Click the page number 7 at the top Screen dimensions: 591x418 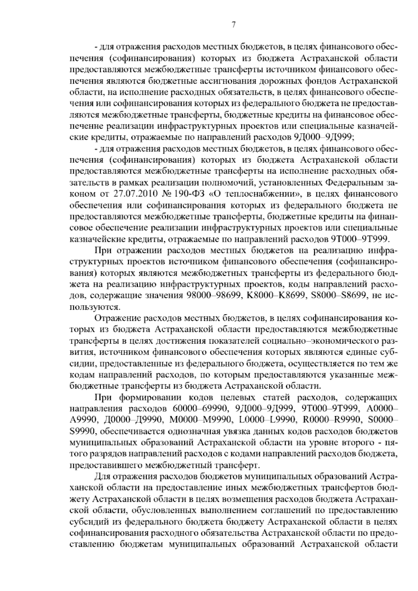tap(234, 24)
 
